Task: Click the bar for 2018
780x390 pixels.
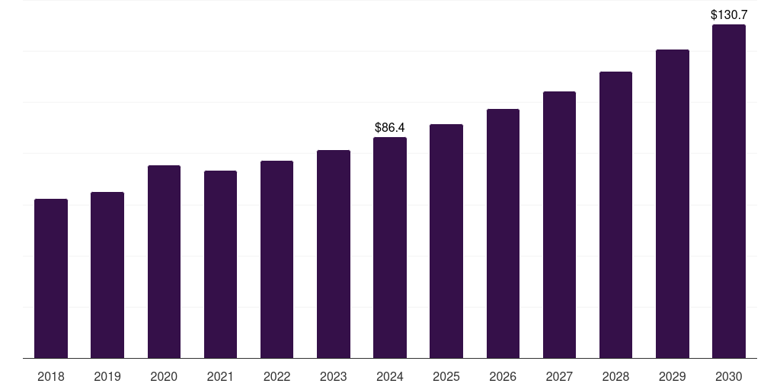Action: (x=51, y=279)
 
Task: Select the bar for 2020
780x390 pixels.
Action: (x=164, y=262)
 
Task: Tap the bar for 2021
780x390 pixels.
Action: (x=220, y=264)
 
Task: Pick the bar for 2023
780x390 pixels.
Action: (x=334, y=254)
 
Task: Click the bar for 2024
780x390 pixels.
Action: (x=390, y=248)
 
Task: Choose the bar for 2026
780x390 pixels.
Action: (x=503, y=234)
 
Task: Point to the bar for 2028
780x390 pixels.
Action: (x=615, y=215)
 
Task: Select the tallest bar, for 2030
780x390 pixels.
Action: (x=728, y=191)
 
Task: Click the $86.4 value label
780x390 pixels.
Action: (x=390, y=127)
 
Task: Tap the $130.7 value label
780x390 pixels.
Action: (x=728, y=14)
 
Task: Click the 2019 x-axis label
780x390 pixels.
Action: (x=107, y=376)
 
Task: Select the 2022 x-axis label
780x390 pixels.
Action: (x=277, y=376)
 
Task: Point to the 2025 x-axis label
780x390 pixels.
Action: (x=446, y=376)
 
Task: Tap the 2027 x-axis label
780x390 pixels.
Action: (x=559, y=376)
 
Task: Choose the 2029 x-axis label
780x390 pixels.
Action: (x=672, y=376)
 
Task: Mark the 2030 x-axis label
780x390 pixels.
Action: (x=728, y=376)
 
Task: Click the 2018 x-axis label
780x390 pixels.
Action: (x=51, y=376)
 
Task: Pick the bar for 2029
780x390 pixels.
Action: (x=672, y=204)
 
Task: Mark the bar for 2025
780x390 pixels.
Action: (x=446, y=241)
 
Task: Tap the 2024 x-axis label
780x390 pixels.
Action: (x=390, y=376)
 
